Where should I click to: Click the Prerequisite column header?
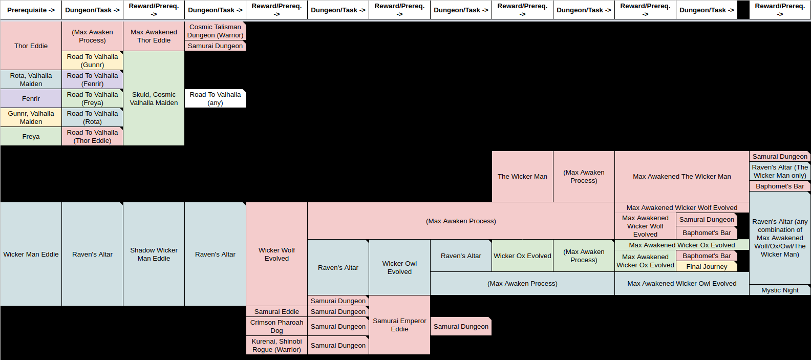pos(31,10)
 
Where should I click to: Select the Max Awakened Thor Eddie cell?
pos(154,36)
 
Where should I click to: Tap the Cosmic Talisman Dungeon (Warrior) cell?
pos(215,31)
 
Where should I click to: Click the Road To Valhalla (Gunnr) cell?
pos(92,60)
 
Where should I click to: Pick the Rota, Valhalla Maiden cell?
pos(31,79)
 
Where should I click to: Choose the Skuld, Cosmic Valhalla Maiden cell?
pos(154,98)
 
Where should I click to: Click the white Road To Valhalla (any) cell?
pos(215,98)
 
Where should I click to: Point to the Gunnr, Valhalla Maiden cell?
pos(31,117)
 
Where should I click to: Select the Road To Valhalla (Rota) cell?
pos(92,117)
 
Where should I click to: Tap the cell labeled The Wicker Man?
pos(522,176)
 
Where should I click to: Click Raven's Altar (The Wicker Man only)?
pos(780,171)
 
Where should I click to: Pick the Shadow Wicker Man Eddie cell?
pos(154,254)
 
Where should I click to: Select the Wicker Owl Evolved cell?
pos(399,267)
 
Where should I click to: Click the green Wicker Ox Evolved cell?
pos(522,256)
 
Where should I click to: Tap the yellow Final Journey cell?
pos(707,266)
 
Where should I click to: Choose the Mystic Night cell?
pos(780,290)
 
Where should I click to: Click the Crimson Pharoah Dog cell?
pos(276,326)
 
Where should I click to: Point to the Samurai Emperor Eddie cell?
pos(399,325)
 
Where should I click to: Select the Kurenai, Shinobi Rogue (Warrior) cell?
pos(276,345)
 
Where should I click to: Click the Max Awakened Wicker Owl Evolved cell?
pos(681,283)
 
